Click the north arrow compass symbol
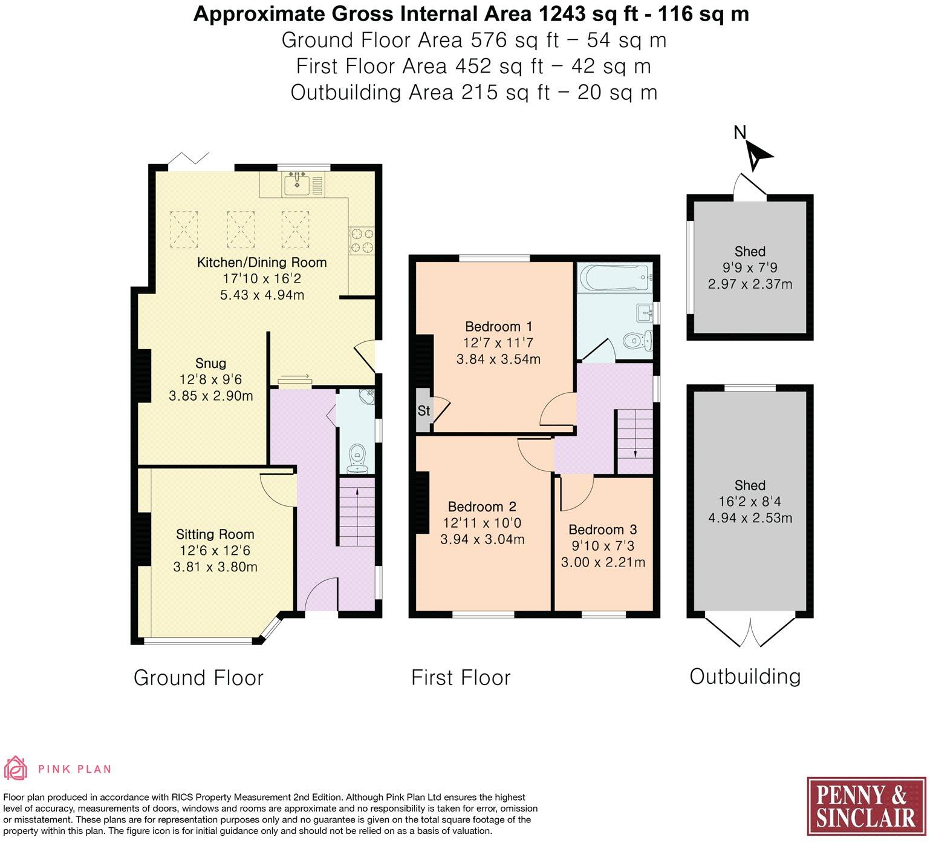pyautogui.click(x=756, y=155)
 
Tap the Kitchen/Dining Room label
pyautogui.click(x=261, y=262)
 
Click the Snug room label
pyautogui.click(x=210, y=363)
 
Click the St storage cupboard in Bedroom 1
pyautogui.click(x=424, y=410)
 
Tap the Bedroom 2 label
pyautogui.click(x=481, y=507)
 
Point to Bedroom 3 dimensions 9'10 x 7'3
pyautogui.click(x=603, y=546)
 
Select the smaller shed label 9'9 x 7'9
pyautogui.click(x=750, y=267)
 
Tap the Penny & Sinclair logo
pyautogui.click(x=865, y=806)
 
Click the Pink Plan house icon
pyautogui.click(x=16, y=768)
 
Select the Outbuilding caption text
pyautogui.click(x=744, y=676)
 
